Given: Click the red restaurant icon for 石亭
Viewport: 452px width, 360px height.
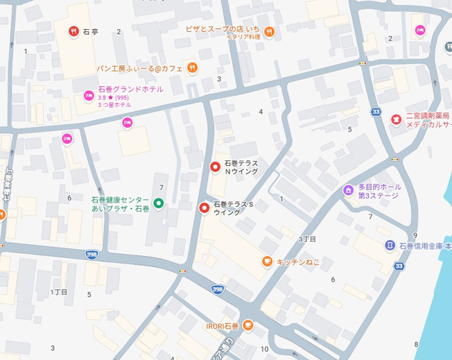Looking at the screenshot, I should (73, 31).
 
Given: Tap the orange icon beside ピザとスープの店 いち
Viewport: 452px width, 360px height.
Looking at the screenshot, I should (270, 31).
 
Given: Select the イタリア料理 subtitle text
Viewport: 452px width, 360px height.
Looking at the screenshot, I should (243, 37).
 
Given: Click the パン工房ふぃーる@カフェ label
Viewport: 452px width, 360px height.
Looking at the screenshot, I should (139, 68).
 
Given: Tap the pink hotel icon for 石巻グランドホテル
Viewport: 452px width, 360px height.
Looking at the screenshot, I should (89, 96).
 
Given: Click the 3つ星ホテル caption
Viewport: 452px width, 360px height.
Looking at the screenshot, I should (114, 105).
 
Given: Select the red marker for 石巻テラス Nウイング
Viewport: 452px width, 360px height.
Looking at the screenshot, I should (215, 166).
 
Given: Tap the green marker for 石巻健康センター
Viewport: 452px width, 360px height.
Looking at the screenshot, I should (158, 203).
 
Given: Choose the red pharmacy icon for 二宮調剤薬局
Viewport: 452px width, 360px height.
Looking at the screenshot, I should (396, 120).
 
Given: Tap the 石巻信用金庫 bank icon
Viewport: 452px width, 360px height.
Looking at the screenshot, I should (390, 246).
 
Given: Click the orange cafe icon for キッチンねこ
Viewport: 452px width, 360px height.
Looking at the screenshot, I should (267, 261).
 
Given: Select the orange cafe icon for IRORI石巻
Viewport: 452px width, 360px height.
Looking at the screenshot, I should (248, 326).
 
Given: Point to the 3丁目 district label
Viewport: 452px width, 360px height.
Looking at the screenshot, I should (307, 239).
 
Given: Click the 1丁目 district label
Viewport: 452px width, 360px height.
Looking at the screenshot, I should (59, 292).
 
